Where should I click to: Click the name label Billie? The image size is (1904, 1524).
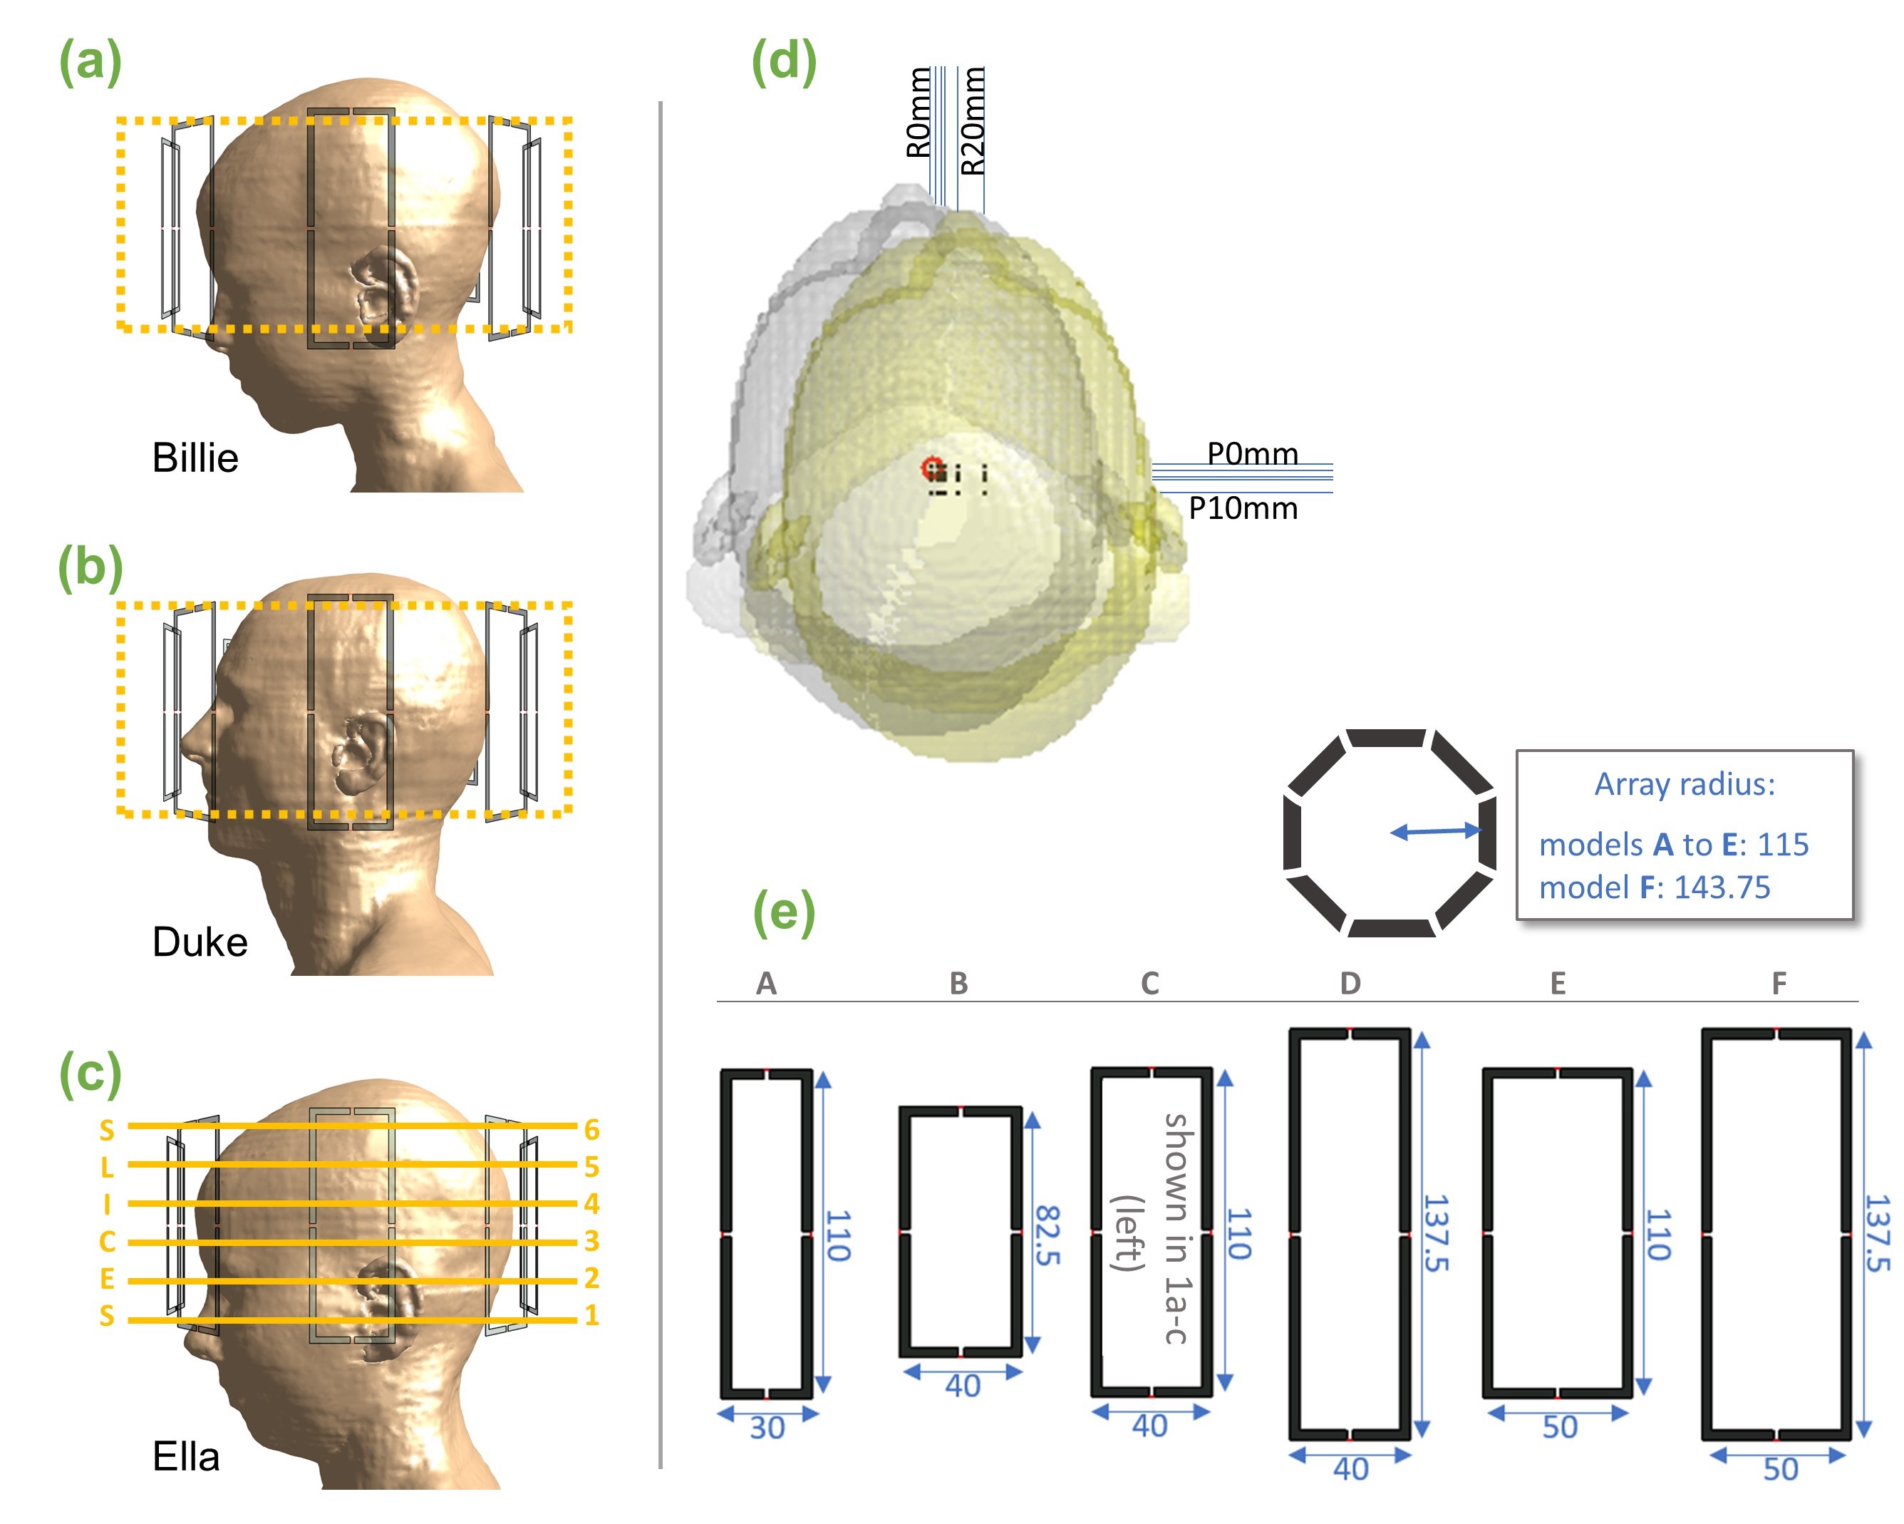[195, 458]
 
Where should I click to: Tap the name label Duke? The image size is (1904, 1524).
[200, 942]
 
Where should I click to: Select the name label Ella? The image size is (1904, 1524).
[185, 1457]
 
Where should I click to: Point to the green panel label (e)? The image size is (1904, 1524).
[783, 912]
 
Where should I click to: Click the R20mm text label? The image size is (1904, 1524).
[973, 121]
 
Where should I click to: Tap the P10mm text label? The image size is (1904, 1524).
[1243, 509]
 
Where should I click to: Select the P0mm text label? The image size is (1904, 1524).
[1252, 453]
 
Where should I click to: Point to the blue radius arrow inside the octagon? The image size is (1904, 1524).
[1435, 831]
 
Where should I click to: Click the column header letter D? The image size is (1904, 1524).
[1350, 983]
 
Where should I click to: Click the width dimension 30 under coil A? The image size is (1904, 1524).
[767, 1428]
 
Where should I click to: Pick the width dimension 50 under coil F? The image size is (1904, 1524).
[1780, 1469]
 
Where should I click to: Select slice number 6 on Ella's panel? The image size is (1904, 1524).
[591, 1129]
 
